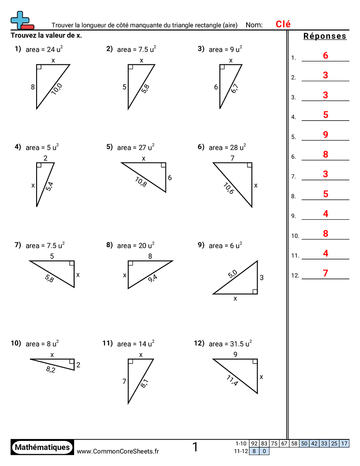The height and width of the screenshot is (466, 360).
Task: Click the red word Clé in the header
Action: point(283,24)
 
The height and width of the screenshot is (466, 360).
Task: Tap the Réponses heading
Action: point(325,36)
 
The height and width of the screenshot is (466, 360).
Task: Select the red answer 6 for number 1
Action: point(326,56)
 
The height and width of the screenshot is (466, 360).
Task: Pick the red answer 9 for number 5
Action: point(326,135)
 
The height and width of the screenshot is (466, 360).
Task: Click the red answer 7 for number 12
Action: point(326,273)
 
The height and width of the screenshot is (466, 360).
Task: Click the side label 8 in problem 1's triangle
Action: point(33,87)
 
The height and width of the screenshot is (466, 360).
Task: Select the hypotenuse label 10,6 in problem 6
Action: point(229,188)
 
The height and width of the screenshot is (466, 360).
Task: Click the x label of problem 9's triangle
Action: point(235,299)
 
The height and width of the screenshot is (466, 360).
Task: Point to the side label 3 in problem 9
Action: point(262,278)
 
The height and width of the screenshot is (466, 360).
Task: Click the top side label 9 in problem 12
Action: point(235,354)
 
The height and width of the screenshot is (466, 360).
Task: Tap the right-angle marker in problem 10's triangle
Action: point(71,361)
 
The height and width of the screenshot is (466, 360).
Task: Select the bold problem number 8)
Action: point(109,245)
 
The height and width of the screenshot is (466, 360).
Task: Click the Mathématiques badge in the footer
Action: point(42,447)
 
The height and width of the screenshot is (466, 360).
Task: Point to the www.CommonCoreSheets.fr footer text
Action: point(118,451)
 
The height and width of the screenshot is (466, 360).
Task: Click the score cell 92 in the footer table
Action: point(254,443)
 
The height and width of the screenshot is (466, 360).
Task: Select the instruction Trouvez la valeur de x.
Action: point(46,35)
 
